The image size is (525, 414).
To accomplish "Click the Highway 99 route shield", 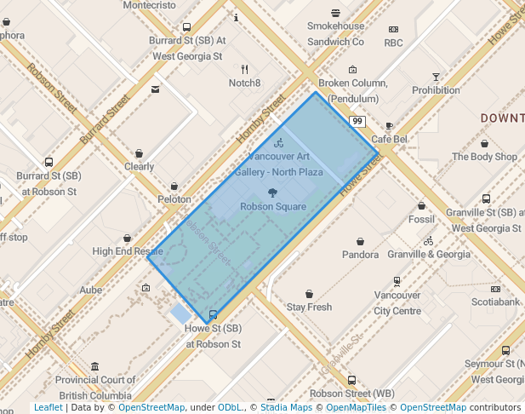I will [357, 122].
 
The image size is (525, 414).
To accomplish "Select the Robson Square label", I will [272, 206].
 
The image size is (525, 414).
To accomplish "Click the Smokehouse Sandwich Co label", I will [335, 34].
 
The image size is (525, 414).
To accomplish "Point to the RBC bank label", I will [393, 43].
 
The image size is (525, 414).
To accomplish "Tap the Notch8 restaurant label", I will [244, 83].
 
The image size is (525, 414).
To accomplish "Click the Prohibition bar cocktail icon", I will [436, 77].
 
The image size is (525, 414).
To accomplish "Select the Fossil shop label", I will [421, 219].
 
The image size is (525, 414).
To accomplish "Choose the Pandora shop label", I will [360, 254].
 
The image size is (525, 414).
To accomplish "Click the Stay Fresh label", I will [309, 307].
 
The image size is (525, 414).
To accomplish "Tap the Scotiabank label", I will [495, 302].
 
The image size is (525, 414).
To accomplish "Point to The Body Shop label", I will [484, 157].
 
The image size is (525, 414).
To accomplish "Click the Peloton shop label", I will [174, 198].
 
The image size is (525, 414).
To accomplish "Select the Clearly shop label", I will [139, 167].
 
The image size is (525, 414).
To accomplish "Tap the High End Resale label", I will [128, 251].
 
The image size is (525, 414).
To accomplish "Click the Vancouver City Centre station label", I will [397, 303].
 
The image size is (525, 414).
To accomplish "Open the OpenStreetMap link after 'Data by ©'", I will [151, 407].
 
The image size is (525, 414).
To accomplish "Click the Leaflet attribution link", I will [48, 407].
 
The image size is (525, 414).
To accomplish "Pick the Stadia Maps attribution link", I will [287, 407].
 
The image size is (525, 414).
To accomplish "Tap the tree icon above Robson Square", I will [272, 193].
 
